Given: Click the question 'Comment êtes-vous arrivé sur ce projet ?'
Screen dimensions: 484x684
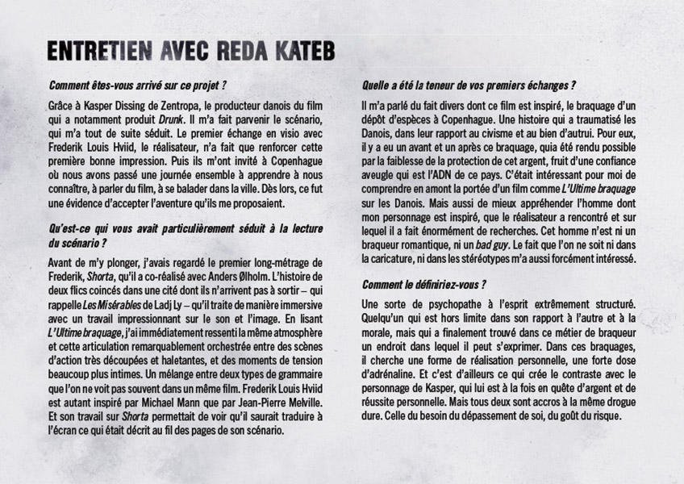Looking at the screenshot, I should [137, 85].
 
